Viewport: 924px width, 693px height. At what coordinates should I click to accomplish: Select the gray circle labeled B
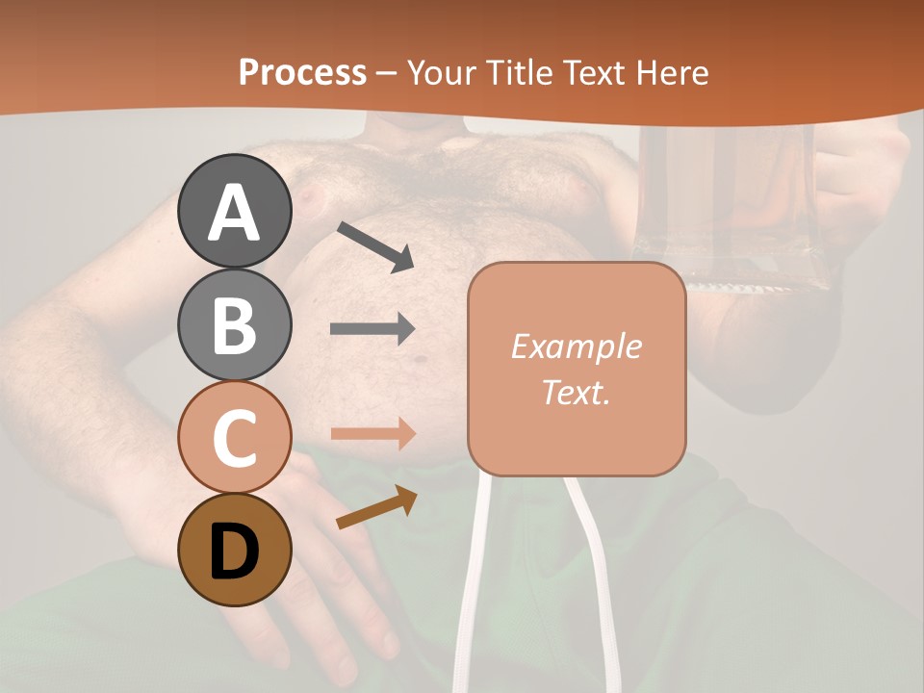(x=234, y=324)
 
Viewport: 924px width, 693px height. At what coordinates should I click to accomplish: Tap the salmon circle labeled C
(x=234, y=437)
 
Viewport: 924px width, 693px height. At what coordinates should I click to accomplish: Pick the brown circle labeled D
(x=234, y=550)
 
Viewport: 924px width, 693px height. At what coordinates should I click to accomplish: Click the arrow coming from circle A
(x=374, y=245)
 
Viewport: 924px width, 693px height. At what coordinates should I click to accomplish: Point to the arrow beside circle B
(x=372, y=329)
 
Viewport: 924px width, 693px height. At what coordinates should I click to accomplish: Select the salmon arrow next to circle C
(x=372, y=434)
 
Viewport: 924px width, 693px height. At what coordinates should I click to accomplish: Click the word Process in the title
(x=302, y=73)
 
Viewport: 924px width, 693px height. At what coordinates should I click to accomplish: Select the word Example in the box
(x=576, y=346)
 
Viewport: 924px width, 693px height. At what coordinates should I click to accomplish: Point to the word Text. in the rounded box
(x=576, y=392)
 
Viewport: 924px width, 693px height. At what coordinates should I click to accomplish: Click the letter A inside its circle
(x=234, y=213)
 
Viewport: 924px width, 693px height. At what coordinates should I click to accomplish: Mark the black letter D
(x=234, y=551)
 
